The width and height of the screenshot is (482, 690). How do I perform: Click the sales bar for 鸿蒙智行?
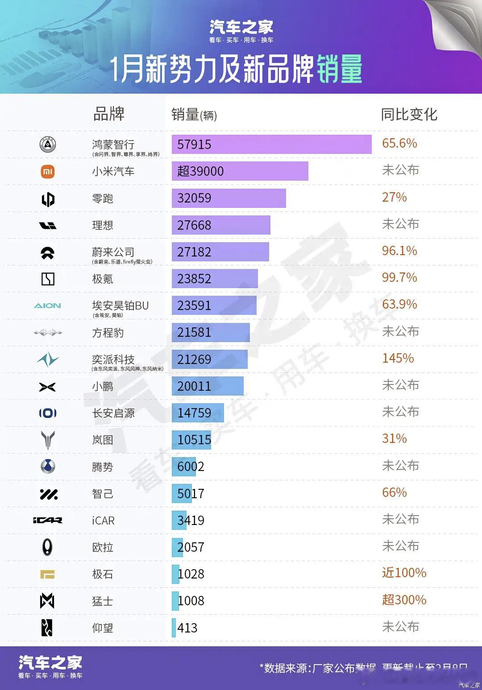click(x=271, y=145)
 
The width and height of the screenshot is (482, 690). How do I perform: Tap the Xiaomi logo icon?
click(x=48, y=171)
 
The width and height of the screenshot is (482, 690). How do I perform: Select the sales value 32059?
click(x=194, y=198)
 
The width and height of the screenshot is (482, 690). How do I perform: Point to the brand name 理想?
click(x=103, y=225)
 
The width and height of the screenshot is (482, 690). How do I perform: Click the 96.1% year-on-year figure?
click(x=399, y=251)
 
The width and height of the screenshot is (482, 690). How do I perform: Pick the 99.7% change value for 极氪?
click(x=399, y=277)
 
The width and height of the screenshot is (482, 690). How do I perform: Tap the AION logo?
click(x=47, y=306)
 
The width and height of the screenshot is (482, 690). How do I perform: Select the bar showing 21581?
click(x=210, y=332)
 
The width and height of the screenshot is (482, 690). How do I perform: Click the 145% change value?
click(x=398, y=358)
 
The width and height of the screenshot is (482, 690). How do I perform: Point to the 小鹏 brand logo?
click(x=47, y=387)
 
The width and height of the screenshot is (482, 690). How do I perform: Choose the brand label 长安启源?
click(x=113, y=413)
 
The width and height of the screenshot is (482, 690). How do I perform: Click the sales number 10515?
click(x=194, y=440)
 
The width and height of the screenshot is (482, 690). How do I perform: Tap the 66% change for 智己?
click(x=394, y=492)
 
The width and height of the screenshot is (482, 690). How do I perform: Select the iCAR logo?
click(x=47, y=521)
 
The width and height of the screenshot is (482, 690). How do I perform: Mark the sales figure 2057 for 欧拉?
click(x=191, y=547)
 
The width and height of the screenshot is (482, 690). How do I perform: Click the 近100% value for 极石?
click(x=404, y=573)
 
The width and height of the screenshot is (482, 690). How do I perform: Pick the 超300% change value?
click(x=404, y=600)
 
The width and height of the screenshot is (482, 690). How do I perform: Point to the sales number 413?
click(x=187, y=628)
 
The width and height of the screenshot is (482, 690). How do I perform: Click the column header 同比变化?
click(x=409, y=115)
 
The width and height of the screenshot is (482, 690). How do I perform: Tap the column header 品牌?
click(x=108, y=114)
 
